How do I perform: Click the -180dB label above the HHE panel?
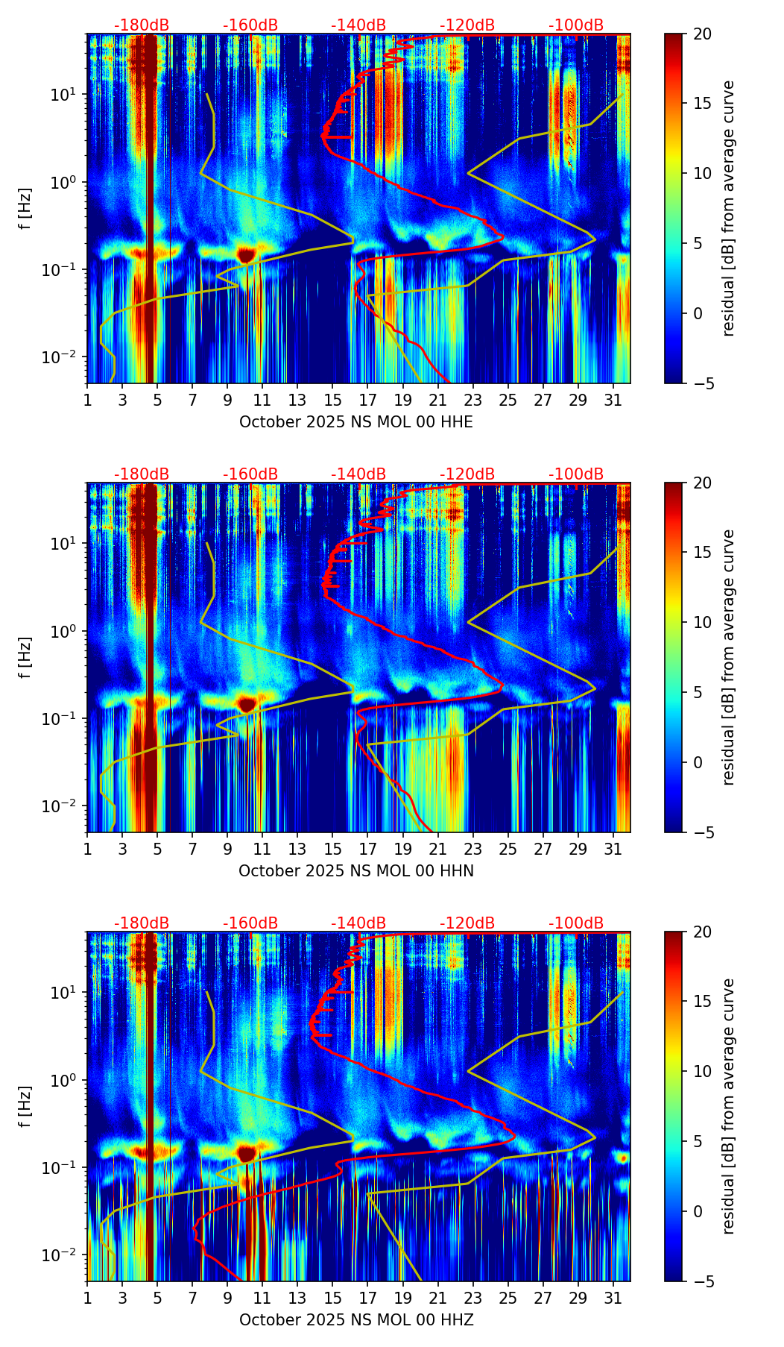tap(142, 25)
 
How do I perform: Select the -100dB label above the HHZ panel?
tap(576, 923)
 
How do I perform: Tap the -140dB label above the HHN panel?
tap(358, 474)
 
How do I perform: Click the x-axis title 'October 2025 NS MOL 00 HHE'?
tap(356, 422)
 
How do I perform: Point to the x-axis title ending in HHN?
tap(356, 871)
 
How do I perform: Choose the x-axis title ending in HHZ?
tap(356, 1320)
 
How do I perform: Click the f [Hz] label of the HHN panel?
tap(25, 657)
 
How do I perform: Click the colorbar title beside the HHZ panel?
tap(729, 1106)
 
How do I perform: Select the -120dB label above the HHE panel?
tap(467, 25)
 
